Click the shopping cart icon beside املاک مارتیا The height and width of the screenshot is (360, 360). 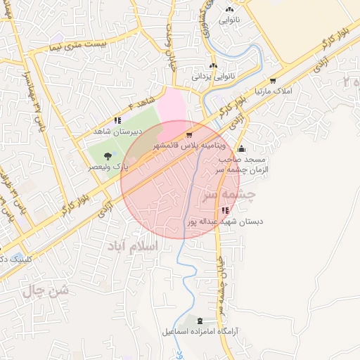[x=272, y=81]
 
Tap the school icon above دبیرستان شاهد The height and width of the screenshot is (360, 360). [x=117, y=120]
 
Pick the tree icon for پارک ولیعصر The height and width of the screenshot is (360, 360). [x=107, y=156]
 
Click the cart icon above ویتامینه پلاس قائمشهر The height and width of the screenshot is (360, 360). [x=188, y=134]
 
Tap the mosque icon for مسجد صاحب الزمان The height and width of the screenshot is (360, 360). [x=242, y=148]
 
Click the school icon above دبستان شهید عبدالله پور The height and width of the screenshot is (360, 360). [x=224, y=210]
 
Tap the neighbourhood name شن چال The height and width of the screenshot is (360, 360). [x=48, y=290]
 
